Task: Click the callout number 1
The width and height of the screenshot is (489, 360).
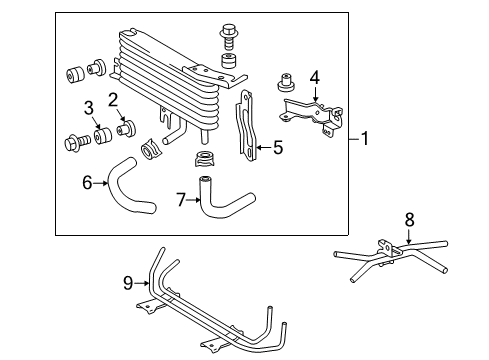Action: point(365,140)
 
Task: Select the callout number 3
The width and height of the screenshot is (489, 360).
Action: point(88,107)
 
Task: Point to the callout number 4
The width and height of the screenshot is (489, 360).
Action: point(314,76)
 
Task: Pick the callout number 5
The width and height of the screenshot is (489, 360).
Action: point(278,148)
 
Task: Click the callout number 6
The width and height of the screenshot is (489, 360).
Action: point(86,184)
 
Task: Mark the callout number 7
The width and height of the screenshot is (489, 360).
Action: point(181,200)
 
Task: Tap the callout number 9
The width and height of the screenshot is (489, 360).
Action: point(127,283)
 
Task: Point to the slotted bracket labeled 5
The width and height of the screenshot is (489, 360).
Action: point(245,125)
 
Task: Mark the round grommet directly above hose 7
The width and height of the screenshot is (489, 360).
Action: point(205,159)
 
